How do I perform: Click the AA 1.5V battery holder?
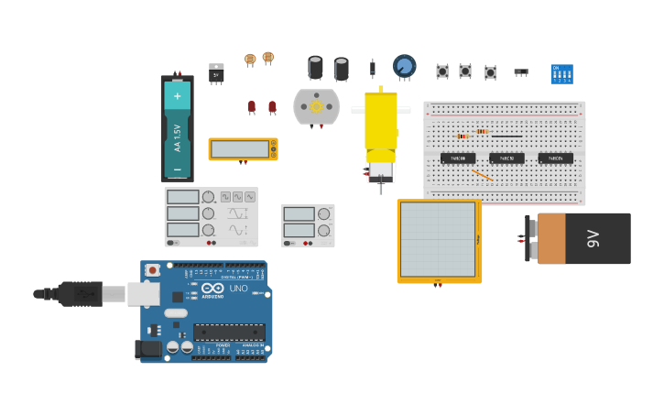(177, 129)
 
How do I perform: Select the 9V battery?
(582, 238)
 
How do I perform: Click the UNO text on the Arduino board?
(239, 289)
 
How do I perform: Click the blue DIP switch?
(561, 74)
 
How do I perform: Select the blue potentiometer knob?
(404, 66)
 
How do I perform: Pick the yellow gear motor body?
(380, 124)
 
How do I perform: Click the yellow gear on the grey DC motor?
(317, 106)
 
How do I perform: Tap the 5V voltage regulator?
(216, 73)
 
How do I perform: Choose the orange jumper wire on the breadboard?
(483, 174)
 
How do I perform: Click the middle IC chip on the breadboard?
(506, 158)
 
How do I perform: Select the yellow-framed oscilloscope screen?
(438, 239)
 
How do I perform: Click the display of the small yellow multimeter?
(240, 149)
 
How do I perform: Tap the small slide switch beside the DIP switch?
(521, 71)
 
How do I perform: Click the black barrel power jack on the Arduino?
(147, 348)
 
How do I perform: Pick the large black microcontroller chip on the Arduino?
(229, 332)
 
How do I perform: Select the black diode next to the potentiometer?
(372, 68)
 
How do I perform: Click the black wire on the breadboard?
(506, 137)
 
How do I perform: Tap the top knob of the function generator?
(209, 197)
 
